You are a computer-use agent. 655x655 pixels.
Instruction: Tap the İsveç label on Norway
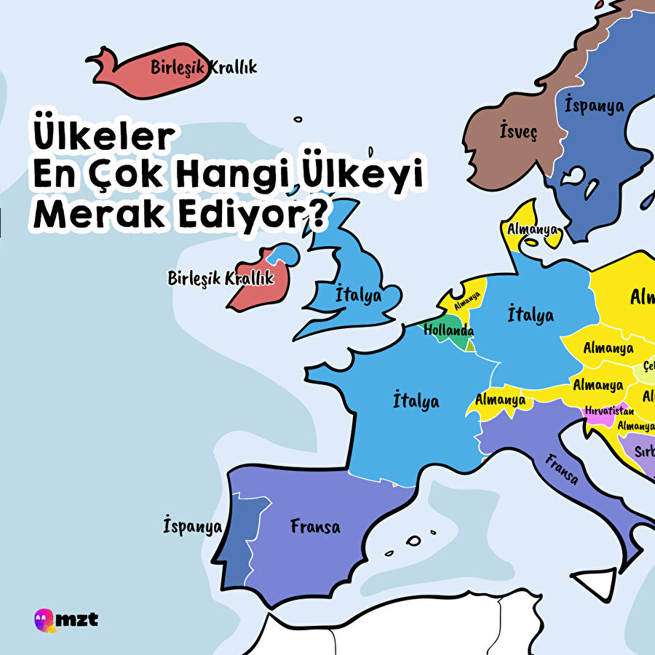pos(518,132)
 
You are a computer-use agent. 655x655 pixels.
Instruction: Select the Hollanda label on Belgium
pos(448,330)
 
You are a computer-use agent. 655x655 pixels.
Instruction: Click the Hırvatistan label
pos(609,410)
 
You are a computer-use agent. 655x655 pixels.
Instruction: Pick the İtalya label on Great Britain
pos(358,295)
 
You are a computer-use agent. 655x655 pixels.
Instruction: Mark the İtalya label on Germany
pos(530,315)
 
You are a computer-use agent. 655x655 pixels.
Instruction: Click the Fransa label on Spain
pos(314,525)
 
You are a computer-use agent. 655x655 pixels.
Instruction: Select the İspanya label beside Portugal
pos(193,526)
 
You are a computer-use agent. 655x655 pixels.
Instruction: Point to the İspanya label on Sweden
pos(594,106)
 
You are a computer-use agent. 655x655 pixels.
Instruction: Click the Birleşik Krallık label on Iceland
pos(204,68)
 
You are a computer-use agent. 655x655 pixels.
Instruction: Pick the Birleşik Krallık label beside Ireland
pos(220,278)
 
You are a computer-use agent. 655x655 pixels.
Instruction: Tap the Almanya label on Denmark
pos(533,230)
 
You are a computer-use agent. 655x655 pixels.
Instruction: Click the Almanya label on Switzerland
pos(500,399)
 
